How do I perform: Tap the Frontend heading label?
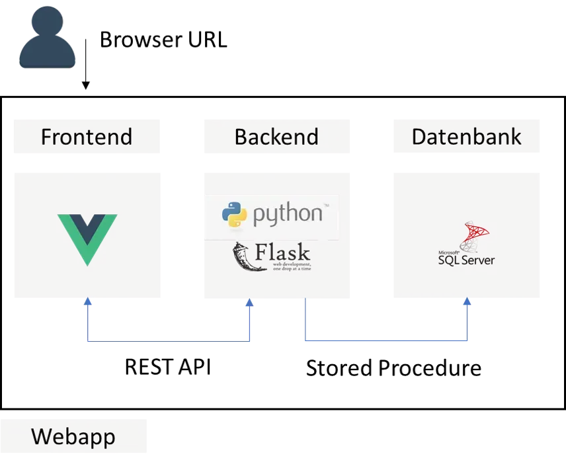pos(87,136)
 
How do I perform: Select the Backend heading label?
pos(276,136)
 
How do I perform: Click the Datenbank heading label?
pos(467,136)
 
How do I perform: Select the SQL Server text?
pos(466,260)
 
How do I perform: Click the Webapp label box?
pos(73,437)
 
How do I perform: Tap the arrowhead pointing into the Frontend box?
pos(87,302)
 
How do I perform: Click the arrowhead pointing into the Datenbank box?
pos(467,302)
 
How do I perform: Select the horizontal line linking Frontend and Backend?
pos(169,341)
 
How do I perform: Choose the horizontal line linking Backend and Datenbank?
pos(386,341)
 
